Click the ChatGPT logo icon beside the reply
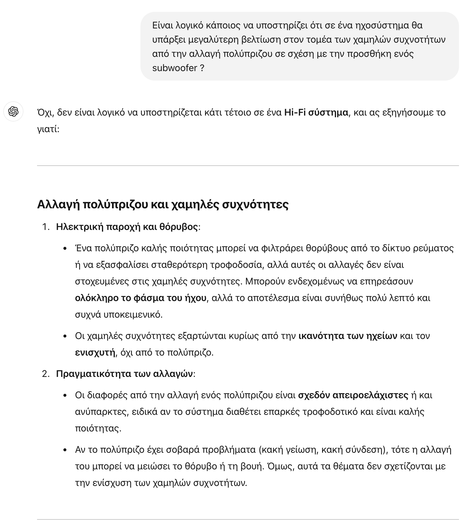[x=13, y=112]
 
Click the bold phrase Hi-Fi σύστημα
[x=316, y=113]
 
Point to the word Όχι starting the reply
[x=45, y=113]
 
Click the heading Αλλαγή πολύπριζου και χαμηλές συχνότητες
[x=163, y=204]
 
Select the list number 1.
[x=45, y=227]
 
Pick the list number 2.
[x=45, y=374]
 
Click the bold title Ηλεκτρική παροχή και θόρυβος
[x=127, y=227]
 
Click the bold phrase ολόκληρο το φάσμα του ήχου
[x=141, y=298]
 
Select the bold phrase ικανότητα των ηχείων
[x=348, y=336]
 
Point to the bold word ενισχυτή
[x=95, y=353]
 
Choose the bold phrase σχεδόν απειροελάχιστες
[x=353, y=395]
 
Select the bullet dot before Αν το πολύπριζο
[x=65, y=450]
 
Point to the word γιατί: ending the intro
[x=48, y=129]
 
